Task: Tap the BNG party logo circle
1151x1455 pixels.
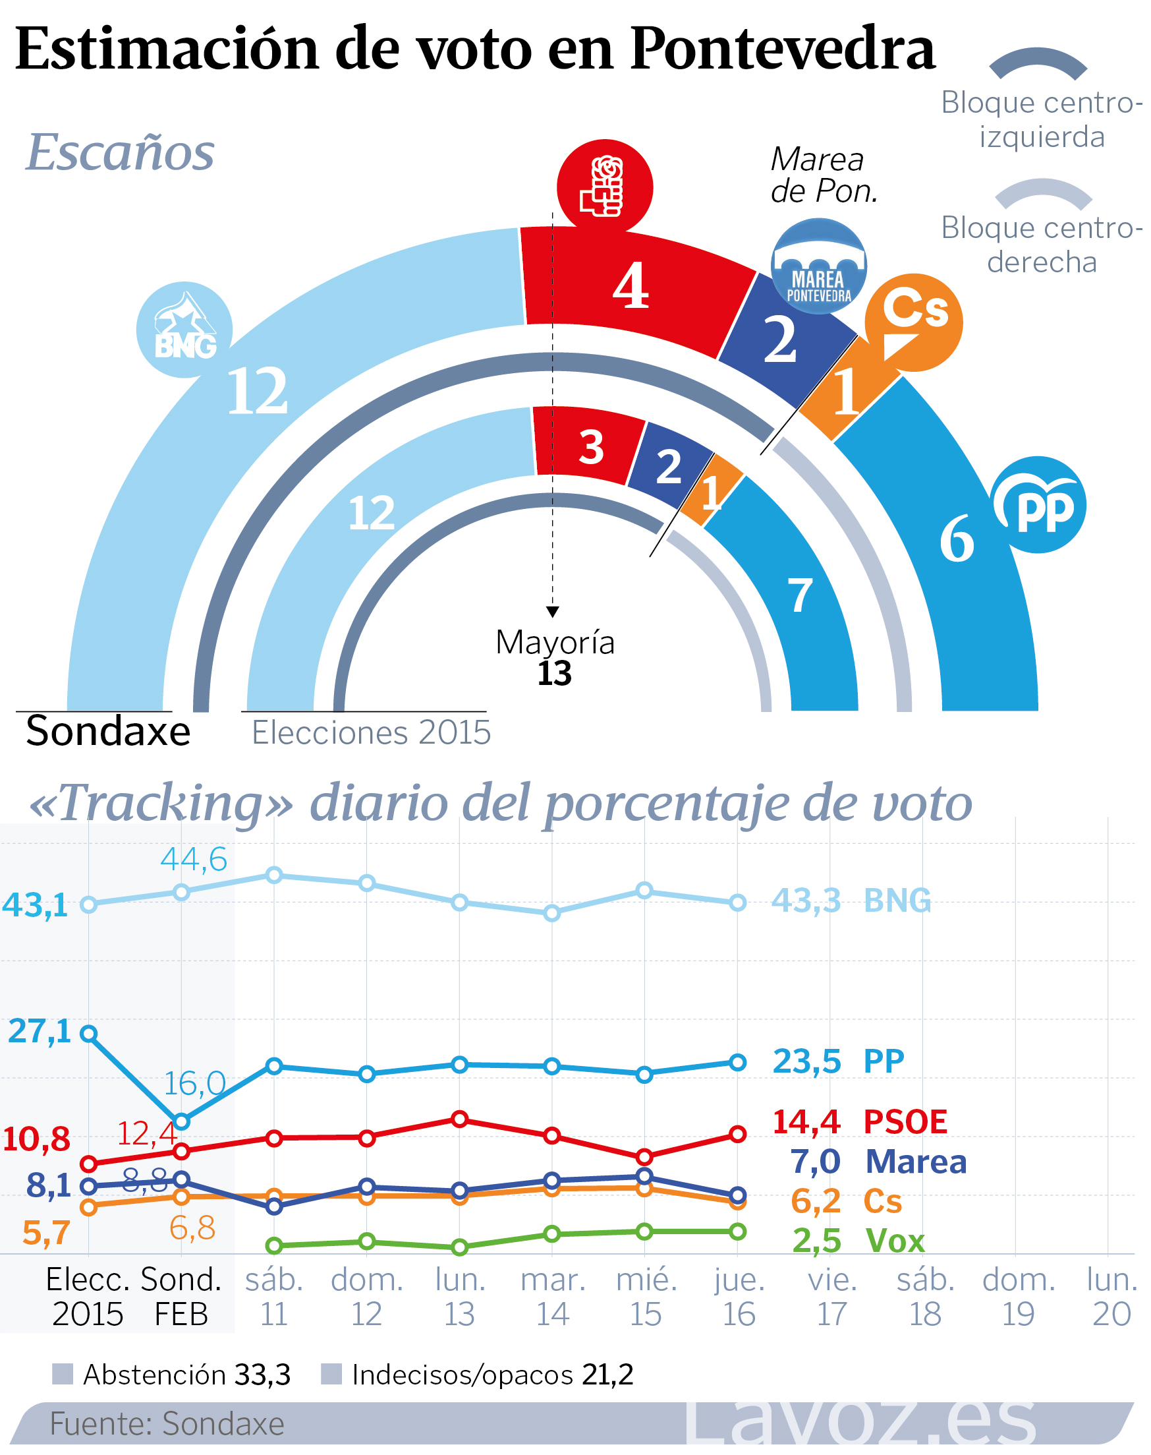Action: [184, 329]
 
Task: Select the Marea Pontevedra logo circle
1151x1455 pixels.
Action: [818, 266]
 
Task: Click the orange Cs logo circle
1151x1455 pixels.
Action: [913, 322]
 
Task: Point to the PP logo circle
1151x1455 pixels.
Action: [1038, 505]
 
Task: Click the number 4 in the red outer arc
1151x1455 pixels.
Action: [631, 286]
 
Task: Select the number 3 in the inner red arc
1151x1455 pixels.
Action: [591, 447]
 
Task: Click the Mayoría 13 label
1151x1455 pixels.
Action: [554, 657]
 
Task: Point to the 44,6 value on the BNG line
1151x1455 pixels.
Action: [194, 860]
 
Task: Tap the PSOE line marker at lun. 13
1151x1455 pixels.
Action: [460, 1119]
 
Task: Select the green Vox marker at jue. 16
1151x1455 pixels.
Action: [738, 1232]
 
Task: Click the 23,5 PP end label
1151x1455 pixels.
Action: [806, 1061]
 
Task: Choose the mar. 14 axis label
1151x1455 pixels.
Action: [553, 1297]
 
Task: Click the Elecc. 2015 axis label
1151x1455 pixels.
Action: [88, 1297]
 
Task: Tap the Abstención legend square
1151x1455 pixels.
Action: [63, 1373]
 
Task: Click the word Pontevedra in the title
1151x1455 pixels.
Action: [781, 49]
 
